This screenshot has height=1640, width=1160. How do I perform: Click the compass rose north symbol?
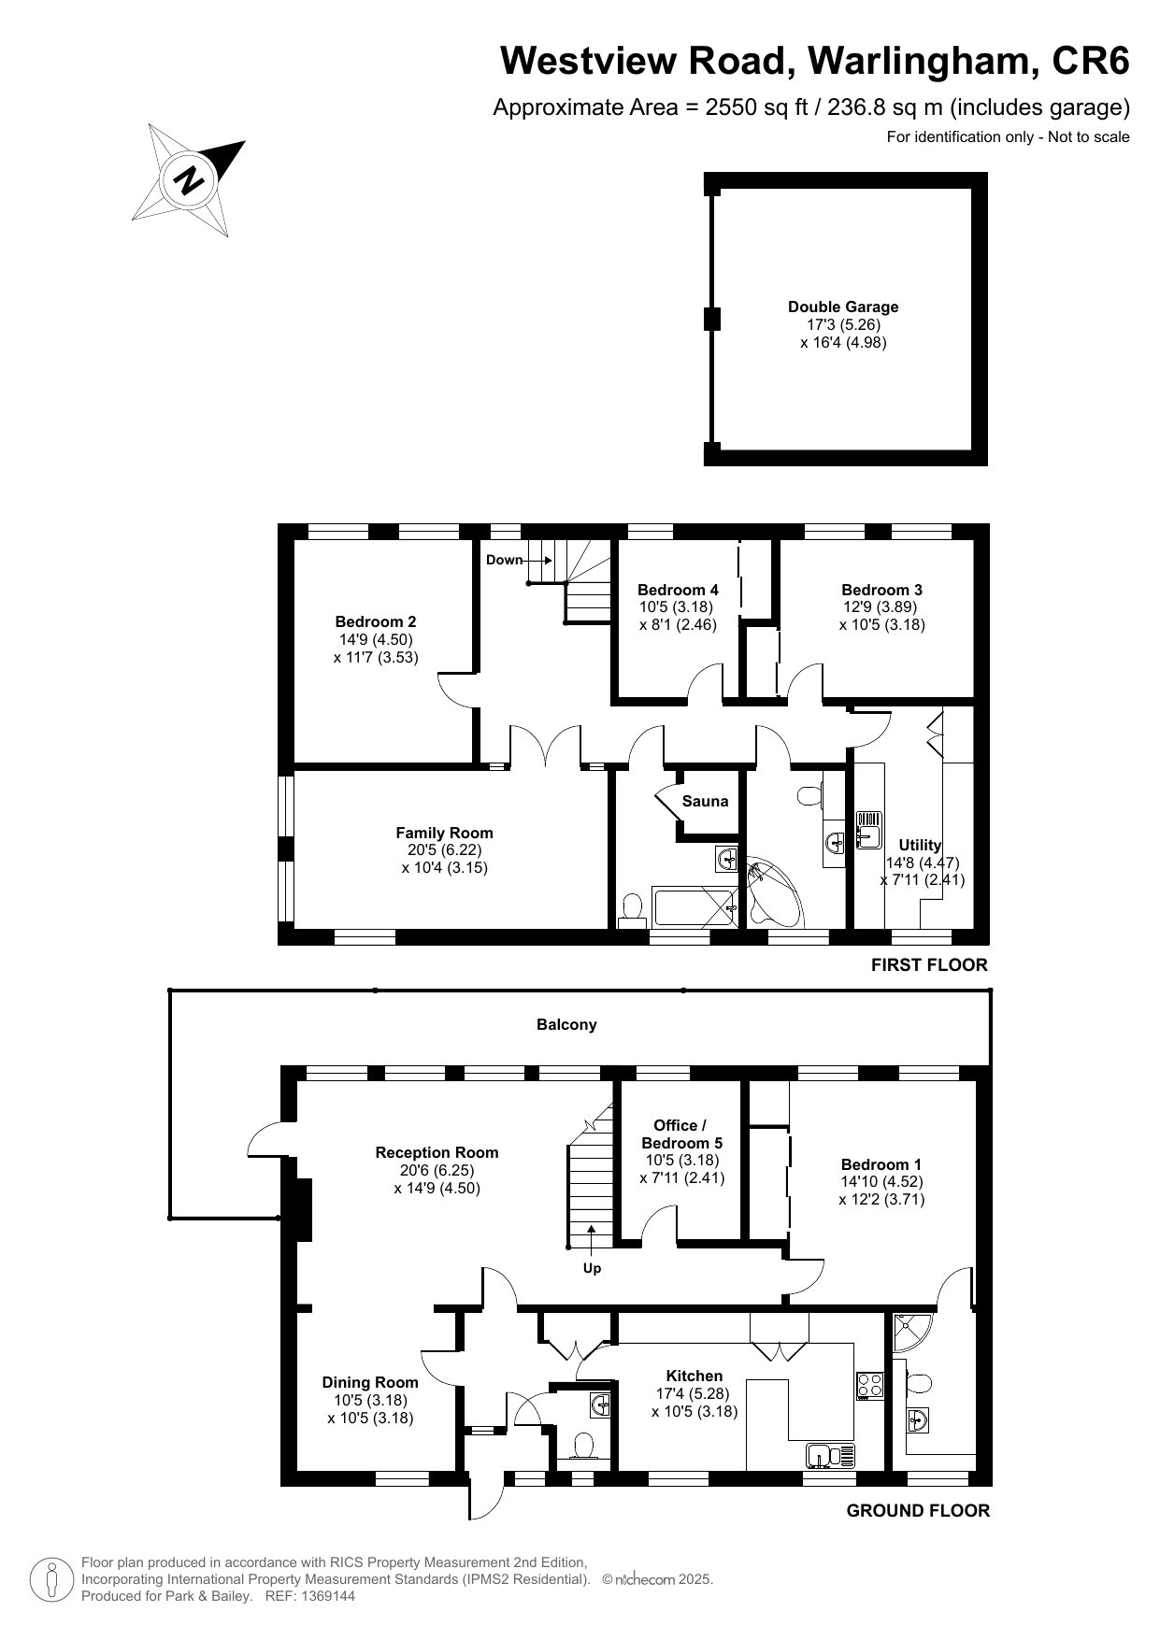tap(189, 178)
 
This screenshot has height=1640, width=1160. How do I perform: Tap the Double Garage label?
tap(843, 307)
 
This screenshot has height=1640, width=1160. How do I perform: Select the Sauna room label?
tap(705, 801)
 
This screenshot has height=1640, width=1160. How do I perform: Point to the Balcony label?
tap(566, 1024)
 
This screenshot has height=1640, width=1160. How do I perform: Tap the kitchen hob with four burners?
tap(870, 1384)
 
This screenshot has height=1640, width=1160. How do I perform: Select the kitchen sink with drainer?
tap(831, 1455)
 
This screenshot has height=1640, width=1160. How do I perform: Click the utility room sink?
tap(870, 827)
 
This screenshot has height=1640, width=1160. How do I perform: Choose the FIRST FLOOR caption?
tap(929, 965)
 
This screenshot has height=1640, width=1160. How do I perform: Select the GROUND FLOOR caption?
tap(918, 1511)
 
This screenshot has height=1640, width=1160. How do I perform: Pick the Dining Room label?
tap(370, 1382)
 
